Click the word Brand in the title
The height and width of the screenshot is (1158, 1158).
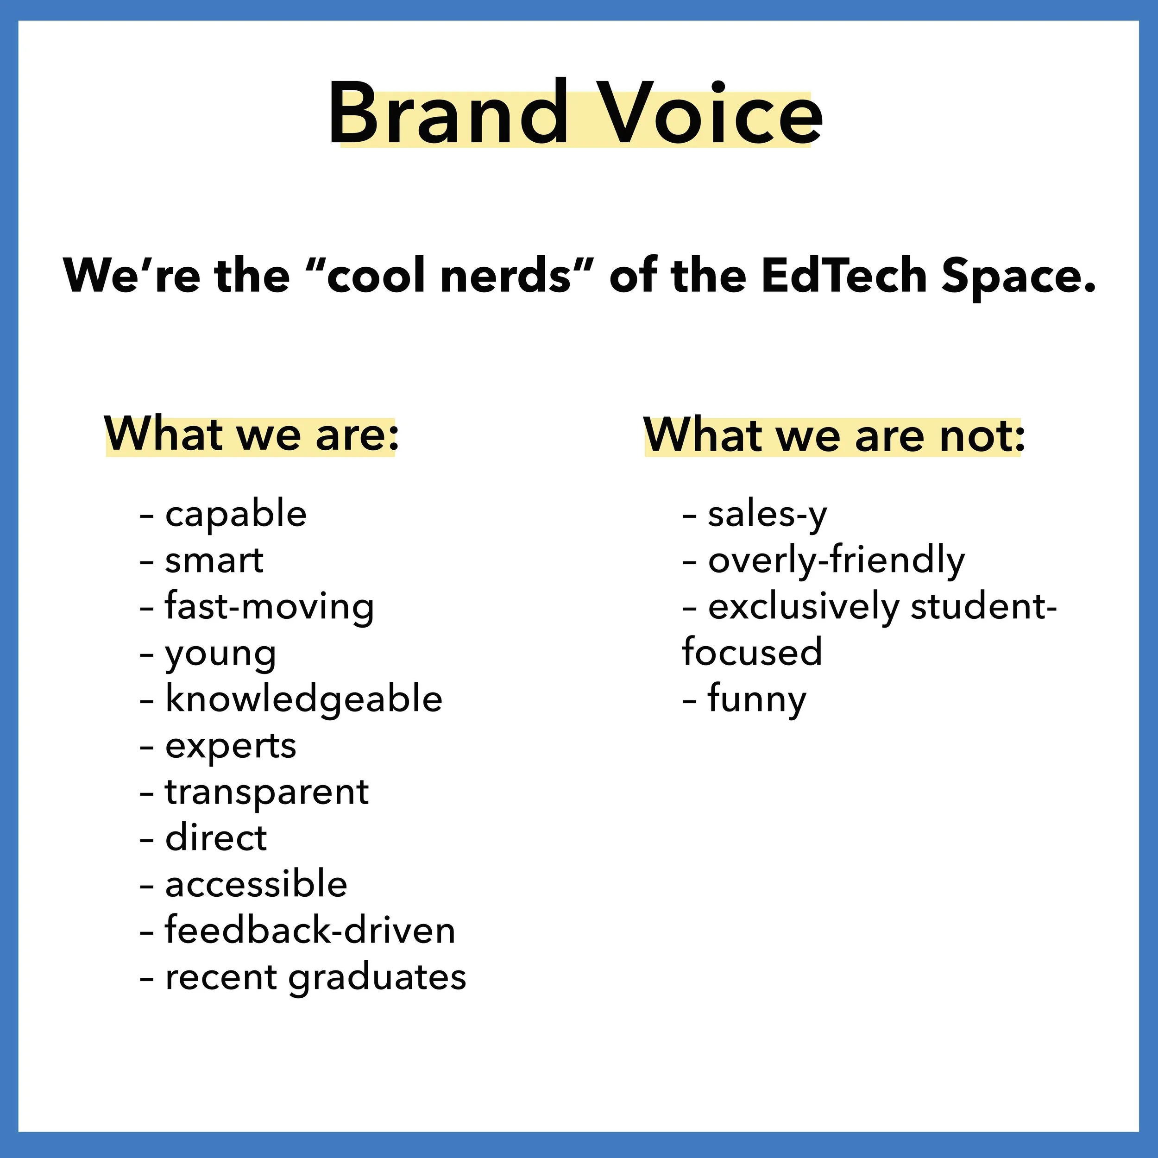[447, 114]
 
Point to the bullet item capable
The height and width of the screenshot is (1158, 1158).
[236, 514]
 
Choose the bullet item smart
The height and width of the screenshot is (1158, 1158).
[214, 560]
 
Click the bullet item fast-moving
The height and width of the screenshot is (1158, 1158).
[269, 607]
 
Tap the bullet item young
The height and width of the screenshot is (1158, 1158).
[220, 653]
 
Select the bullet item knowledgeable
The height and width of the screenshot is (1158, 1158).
[303, 699]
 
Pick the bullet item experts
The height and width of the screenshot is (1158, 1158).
[231, 746]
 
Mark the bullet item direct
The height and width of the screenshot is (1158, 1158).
[216, 838]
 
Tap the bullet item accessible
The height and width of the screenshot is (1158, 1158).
[256, 885]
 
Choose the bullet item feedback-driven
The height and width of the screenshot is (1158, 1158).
[310, 931]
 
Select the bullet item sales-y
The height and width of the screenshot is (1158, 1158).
[767, 514]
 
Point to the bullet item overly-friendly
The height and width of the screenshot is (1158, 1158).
[836, 560]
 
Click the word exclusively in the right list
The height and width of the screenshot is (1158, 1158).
[803, 607]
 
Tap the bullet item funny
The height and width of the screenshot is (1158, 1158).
[757, 699]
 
